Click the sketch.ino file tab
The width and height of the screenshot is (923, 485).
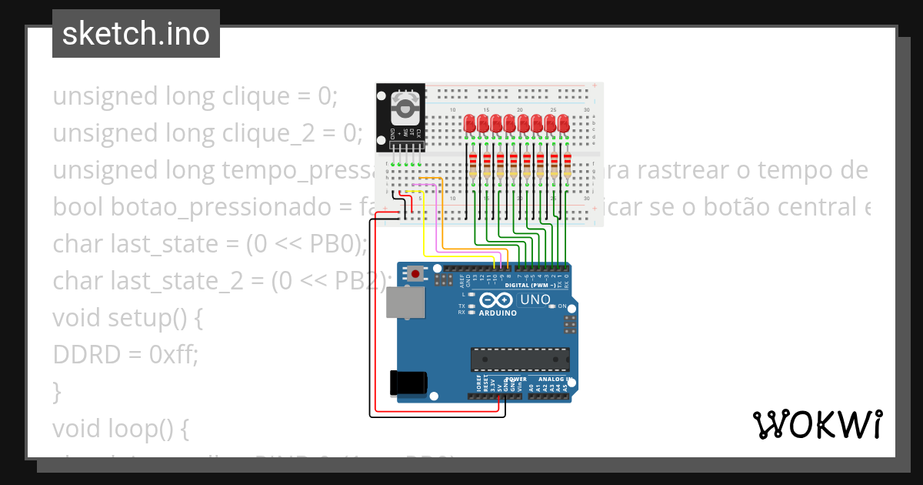click(x=135, y=34)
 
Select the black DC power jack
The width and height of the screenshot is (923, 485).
click(x=408, y=383)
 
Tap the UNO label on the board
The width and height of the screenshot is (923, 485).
click(x=535, y=299)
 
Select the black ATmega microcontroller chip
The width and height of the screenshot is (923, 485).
click(x=521, y=360)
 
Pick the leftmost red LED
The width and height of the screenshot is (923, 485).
click(x=470, y=123)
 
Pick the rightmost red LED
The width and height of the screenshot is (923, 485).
click(x=564, y=123)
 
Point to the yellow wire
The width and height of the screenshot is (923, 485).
click(x=424, y=231)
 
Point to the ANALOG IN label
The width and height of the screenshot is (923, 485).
click(x=551, y=380)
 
